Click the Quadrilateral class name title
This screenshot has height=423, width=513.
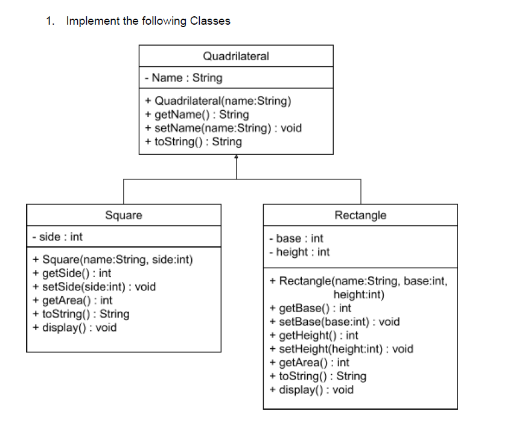(x=236, y=56)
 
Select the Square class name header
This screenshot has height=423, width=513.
(x=124, y=215)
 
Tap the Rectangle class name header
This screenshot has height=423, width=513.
(x=360, y=215)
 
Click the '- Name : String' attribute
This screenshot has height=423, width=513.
(x=183, y=78)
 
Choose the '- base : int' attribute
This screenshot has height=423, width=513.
(x=296, y=239)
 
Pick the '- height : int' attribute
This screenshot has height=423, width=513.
(x=299, y=252)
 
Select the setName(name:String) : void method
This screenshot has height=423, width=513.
(x=223, y=128)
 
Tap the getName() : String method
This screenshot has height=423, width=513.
(x=197, y=114)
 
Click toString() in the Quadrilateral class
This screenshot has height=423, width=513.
(x=193, y=142)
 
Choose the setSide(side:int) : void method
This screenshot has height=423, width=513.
(x=94, y=287)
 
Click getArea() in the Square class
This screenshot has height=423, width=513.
(x=72, y=300)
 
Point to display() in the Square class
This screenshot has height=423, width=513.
(x=74, y=328)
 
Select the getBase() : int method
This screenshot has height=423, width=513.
(x=310, y=309)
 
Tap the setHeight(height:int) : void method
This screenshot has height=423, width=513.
(x=341, y=349)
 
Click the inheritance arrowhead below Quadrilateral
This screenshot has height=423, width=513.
(x=236, y=157)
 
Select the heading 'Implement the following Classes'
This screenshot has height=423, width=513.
(x=148, y=21)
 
